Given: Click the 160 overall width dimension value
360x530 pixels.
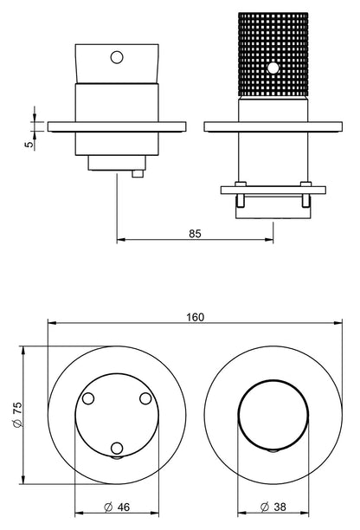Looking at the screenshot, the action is [196, 317].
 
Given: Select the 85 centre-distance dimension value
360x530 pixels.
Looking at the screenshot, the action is [195, 234].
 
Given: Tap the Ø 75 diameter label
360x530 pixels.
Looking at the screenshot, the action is [17, 415].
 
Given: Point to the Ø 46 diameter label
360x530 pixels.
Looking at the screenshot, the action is [117, 507].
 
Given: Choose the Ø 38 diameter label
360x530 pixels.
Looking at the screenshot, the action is [273, 507].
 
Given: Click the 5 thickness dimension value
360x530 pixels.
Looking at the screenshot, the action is [29, 144].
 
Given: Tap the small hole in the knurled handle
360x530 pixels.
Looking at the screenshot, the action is [273, 68].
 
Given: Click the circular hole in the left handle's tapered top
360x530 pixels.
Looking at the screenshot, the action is [117, 57].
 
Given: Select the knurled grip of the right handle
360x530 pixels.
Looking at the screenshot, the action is [273, 54].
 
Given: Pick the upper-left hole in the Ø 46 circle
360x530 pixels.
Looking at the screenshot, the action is [88, 398].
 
